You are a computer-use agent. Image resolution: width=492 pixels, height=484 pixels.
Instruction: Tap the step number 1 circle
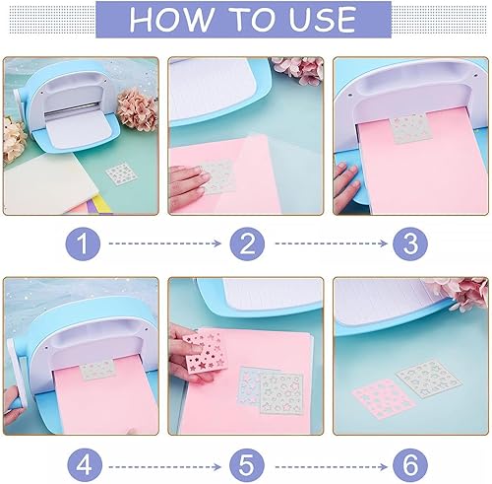coord(83,243)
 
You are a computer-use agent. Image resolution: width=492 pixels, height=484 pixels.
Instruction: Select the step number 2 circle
coord(247,243)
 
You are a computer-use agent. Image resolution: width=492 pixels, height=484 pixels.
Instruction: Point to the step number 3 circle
coord(410,243)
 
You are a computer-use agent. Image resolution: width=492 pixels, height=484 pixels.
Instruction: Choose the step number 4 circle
coord(85,466)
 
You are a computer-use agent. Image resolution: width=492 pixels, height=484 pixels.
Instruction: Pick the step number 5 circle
coord(247,466)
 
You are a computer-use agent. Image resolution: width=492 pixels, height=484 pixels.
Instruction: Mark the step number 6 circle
coord(410,466)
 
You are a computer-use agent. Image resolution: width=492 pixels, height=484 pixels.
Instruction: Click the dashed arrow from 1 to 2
coord(165,243)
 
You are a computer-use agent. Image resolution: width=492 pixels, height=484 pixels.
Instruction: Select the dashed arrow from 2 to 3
coord(332,243)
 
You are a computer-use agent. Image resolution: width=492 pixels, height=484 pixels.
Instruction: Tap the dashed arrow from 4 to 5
coord(165,466)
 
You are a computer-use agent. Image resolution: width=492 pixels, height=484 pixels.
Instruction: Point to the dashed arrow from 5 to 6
coord(332,466)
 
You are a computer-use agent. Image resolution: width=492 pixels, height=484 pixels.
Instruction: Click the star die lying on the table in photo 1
coord(121,173)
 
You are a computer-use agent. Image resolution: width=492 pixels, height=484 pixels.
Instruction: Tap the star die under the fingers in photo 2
coord(217,176)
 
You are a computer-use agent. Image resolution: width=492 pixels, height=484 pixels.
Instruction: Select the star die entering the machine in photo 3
coord(411,128)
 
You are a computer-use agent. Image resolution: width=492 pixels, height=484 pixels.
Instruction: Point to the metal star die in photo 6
coord(429,380)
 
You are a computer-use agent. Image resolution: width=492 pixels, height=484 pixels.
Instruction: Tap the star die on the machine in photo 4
coord(97,371)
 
